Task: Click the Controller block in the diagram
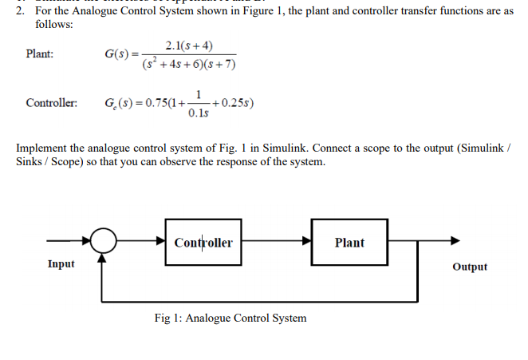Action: click(x=204, y=242)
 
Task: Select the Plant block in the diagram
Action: click(x=349, y=242)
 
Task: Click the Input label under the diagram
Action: click(x=61, y=263)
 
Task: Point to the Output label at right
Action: click(x=469, y=267)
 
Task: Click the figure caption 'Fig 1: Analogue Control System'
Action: click(x=230, y=318)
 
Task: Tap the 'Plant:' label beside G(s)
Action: click(x=40, y=54)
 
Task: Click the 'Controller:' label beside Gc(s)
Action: click(x=51, y=104)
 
